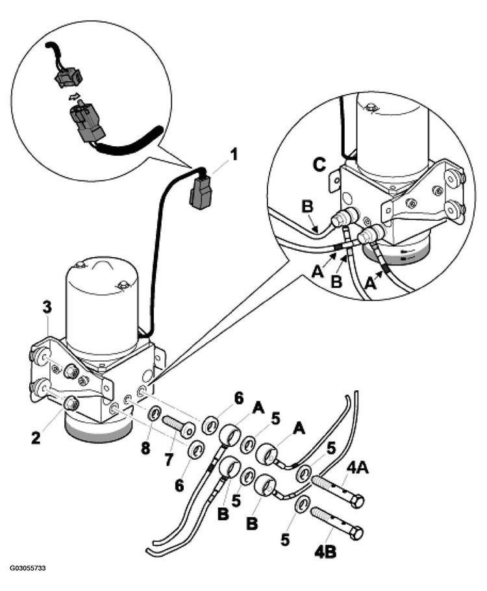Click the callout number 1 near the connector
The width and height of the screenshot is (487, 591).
pyautogui.click(x=234, y=155)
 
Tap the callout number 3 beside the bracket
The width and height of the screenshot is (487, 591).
pyautogui.click(x=47, y=308)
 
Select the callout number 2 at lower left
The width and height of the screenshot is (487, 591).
pyautogui.click(x=36, y=438)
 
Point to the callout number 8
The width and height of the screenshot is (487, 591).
pyautogui.click(x=146, y=447)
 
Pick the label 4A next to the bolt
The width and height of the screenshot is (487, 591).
pyautogui.click(x=358, y=470)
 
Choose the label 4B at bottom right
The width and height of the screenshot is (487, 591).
pyautogui.click(x=326, y=552)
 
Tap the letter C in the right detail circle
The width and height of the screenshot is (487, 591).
pyautogui.click(x=319, y=165)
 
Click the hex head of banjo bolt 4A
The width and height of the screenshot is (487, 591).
pyautogui.click(x=356, y=501)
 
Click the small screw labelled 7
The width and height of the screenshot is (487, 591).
pyautogui.click(x=179, y=425)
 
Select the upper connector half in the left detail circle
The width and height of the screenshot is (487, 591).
pyautogui.click(x=68, y=77)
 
